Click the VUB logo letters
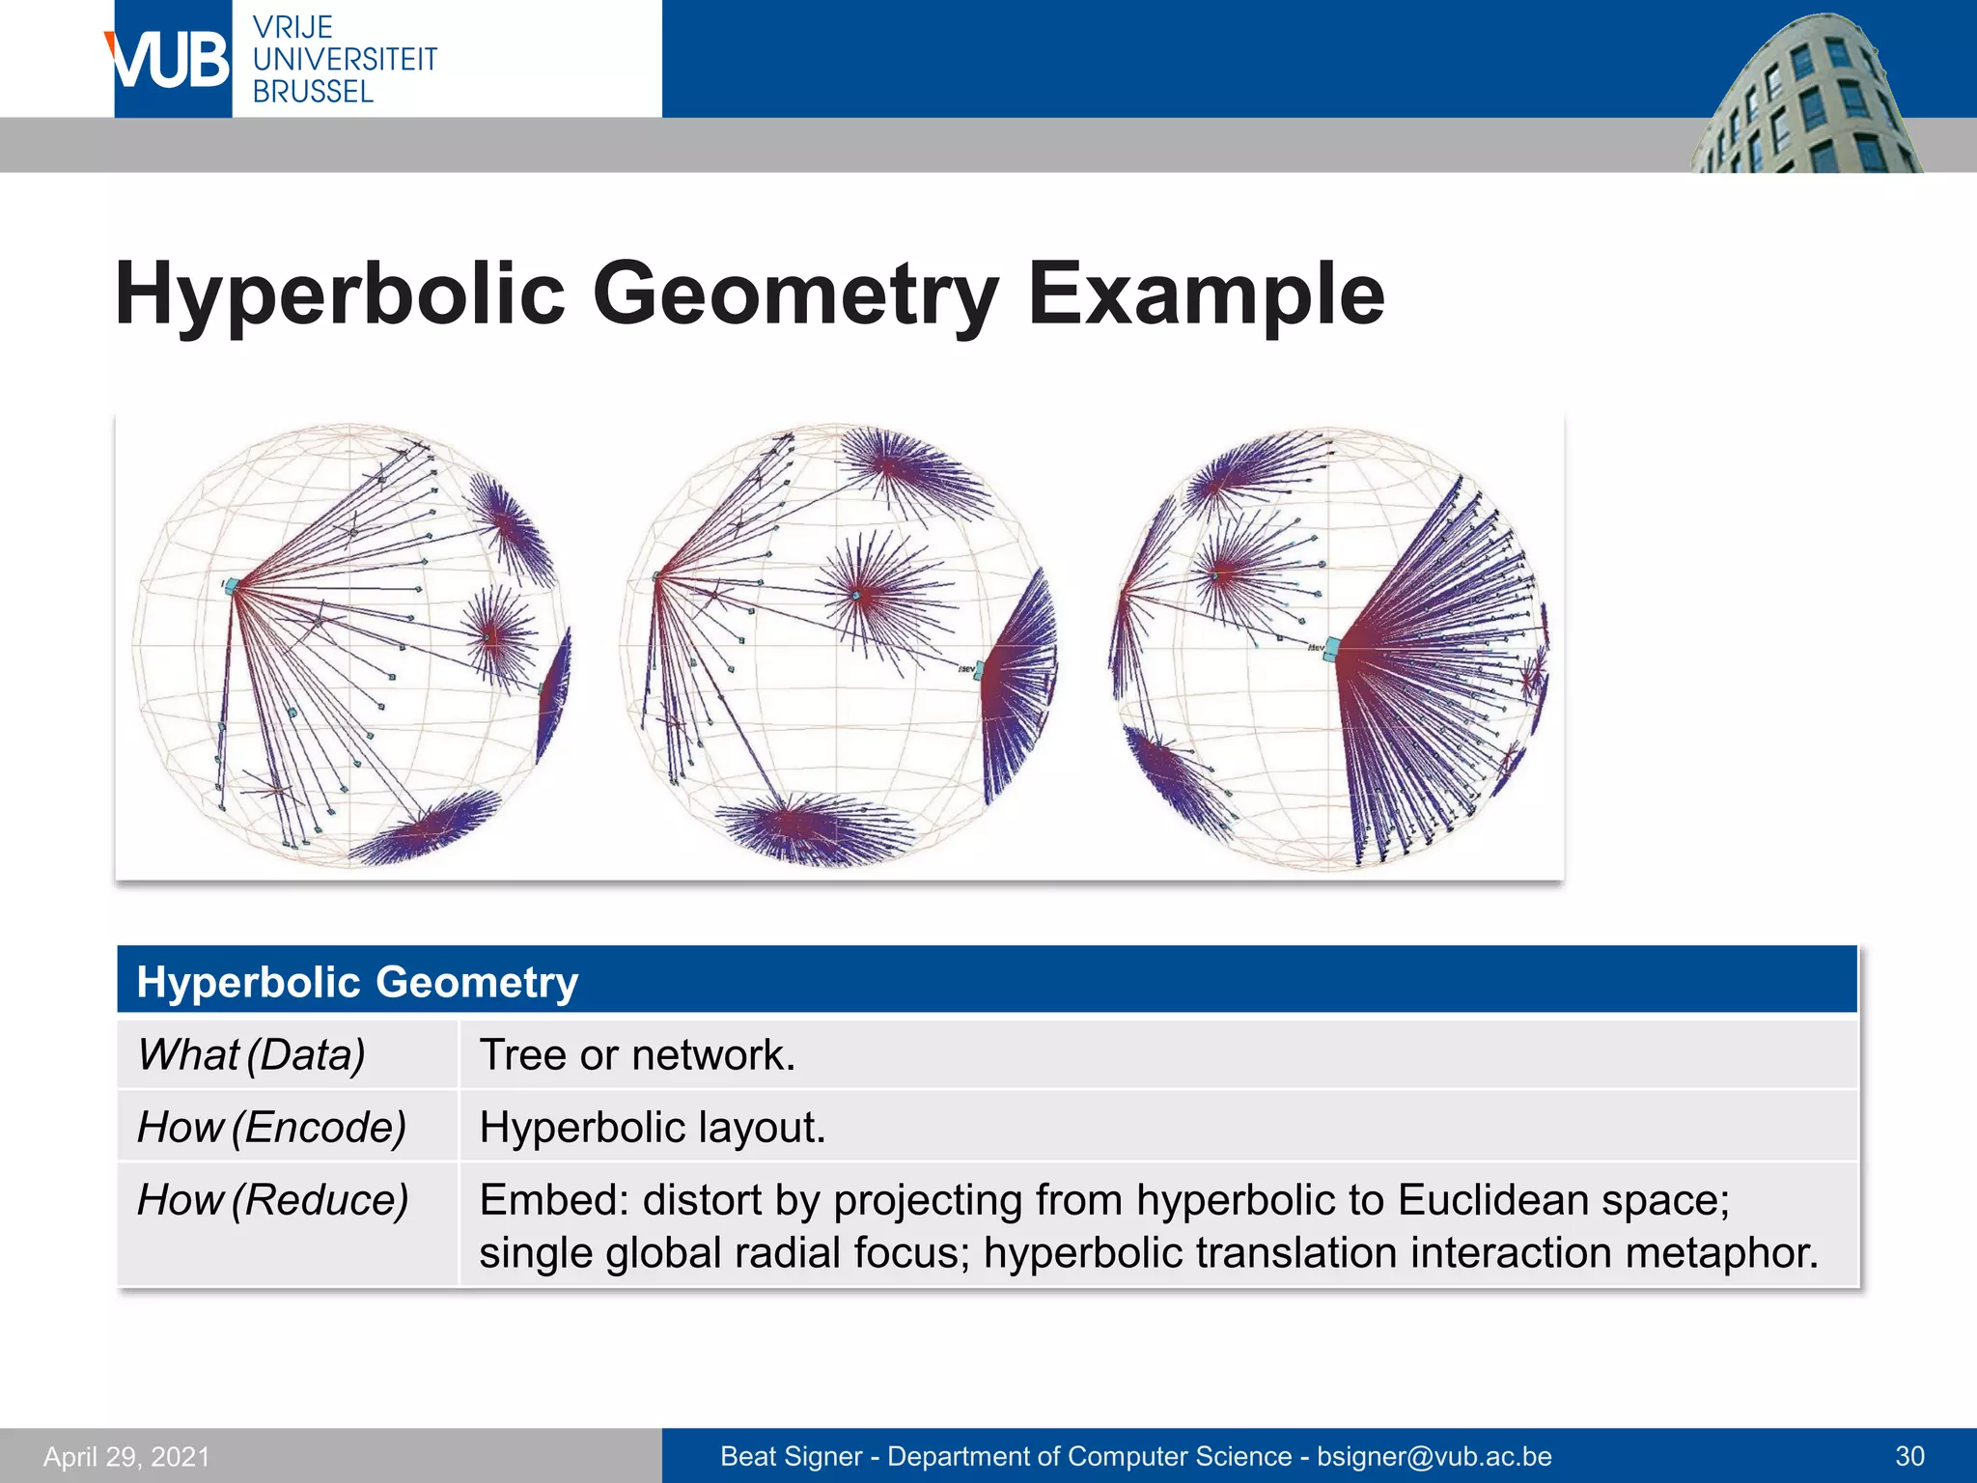point(171,60)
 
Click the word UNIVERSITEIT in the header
point(345,60)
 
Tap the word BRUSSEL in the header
point(313,93)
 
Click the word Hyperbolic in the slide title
point(339,294)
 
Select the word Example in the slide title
point(1206,294)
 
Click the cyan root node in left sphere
point(232,586)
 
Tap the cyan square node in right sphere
point(1332,648)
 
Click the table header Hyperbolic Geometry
point(357,982)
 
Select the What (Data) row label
point(251,1054)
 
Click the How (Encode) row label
point(271,1127)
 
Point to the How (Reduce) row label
point(272,1200)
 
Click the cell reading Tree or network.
point(637,1054)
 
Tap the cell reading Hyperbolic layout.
point(653,1127)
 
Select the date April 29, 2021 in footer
point(126,1456)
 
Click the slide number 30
point(1909,1456)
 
